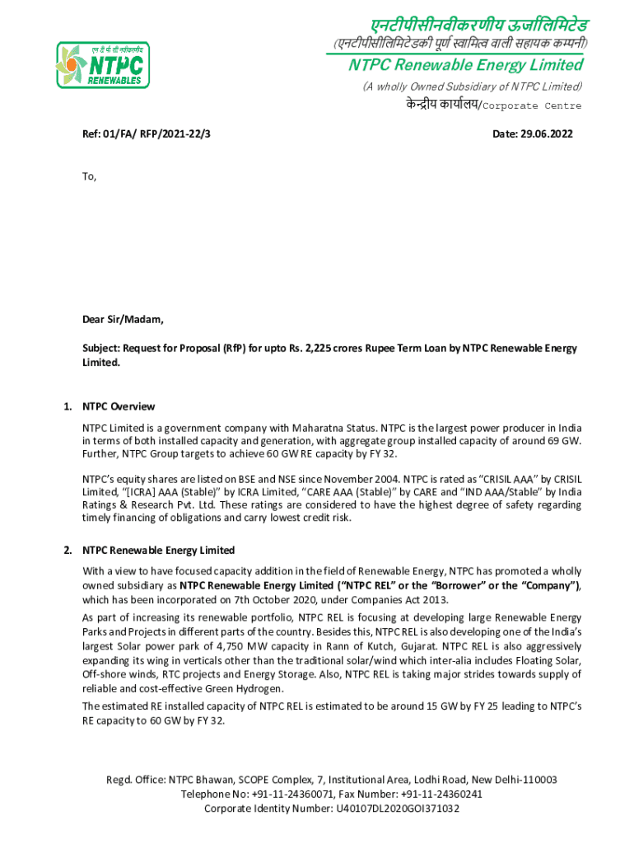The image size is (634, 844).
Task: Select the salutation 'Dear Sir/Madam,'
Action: pos(123,320)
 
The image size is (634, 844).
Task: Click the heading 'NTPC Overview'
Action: pos(119,406)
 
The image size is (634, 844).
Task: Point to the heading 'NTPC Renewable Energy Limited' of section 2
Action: pos(158,550)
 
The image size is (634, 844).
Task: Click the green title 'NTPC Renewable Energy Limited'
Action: pos(465,65)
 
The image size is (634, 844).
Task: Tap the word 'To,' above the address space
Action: pos(89,176)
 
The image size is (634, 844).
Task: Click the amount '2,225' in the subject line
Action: pos(330,349)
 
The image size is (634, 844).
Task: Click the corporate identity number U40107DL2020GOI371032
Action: pos(397,809)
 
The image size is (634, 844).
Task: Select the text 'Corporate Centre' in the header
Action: pos(531,105)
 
